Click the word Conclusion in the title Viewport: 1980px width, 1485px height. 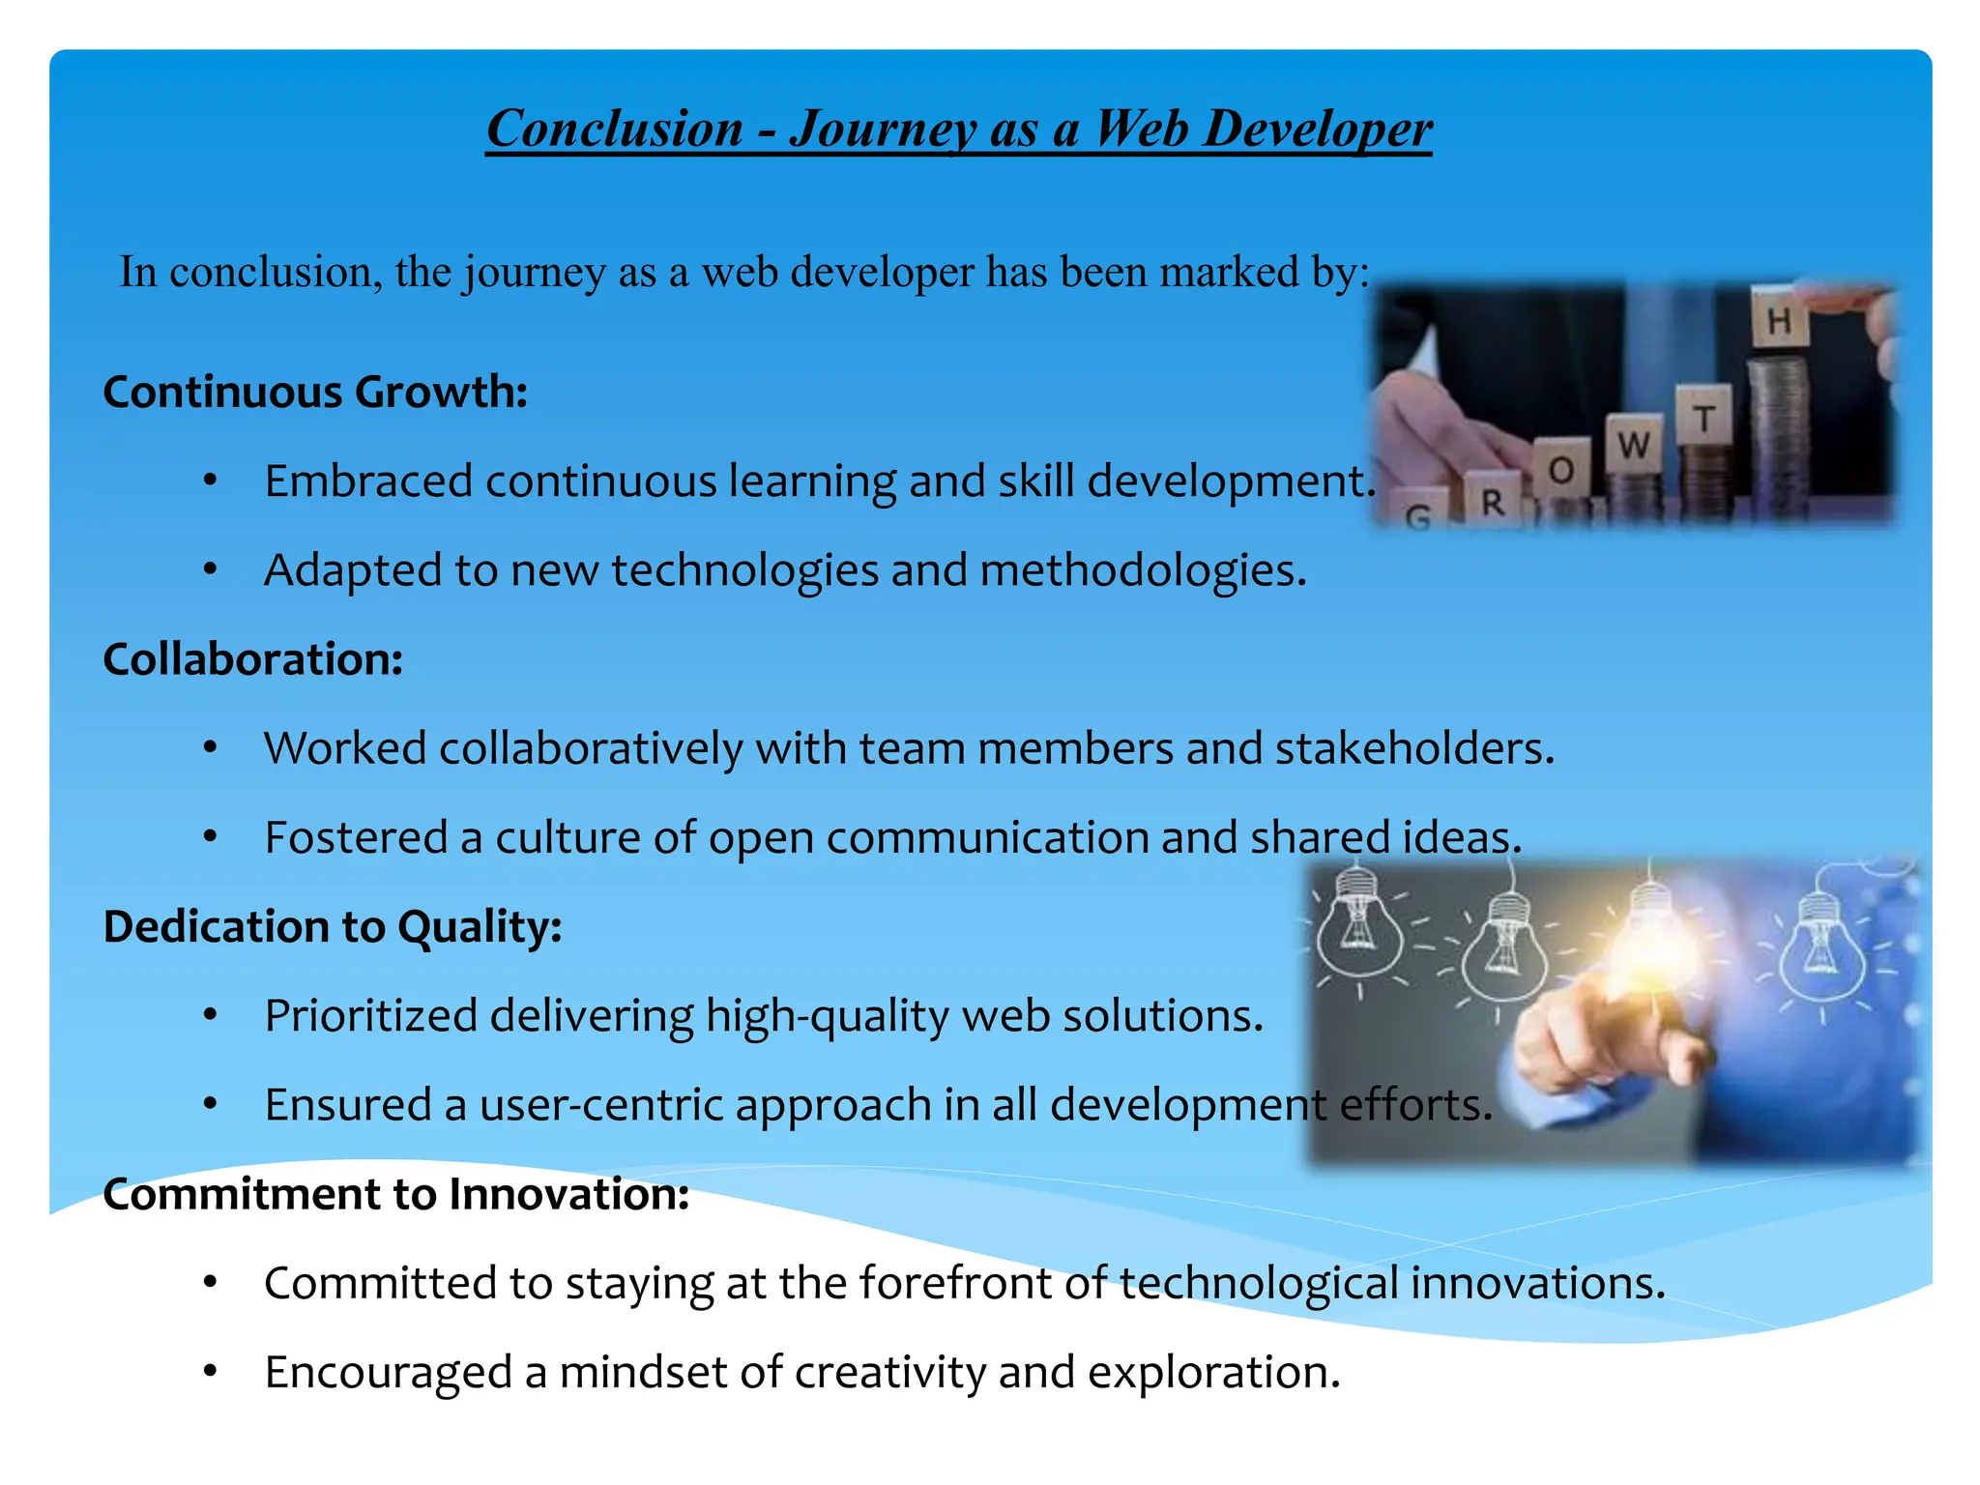click(614, 129)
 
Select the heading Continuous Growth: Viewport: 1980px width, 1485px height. click(315, 392)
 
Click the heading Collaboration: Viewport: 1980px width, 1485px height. click(252, 659)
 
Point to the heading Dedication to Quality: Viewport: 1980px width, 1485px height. click(333, 926)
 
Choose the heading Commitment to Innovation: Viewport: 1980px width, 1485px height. click(395, 1194)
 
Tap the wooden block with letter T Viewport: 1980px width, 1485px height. click(1704, 418)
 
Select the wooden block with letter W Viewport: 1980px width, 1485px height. click(1634, 445)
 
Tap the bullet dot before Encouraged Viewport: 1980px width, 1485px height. click(210, 1370)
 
